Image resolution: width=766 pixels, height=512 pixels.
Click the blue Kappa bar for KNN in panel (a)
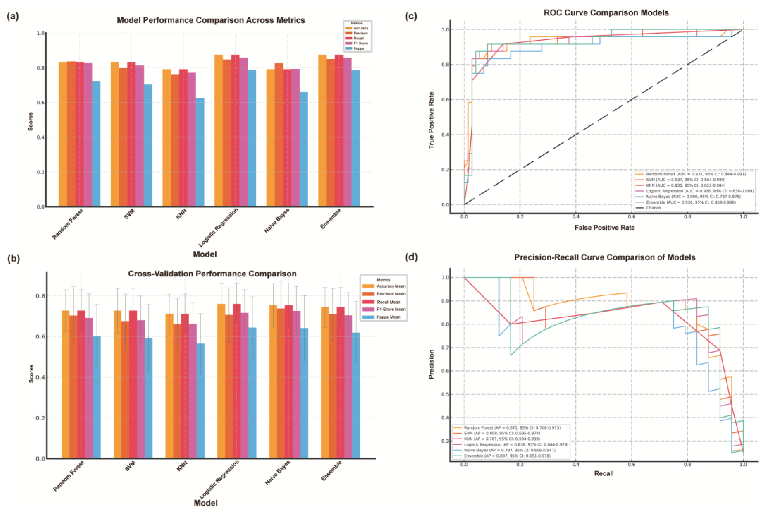point(200,152)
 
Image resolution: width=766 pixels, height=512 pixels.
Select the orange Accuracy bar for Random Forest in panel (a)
point(63,134)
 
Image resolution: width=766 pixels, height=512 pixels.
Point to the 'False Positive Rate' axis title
point(605,228)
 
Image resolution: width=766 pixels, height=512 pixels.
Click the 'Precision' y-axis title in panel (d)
point(431,364)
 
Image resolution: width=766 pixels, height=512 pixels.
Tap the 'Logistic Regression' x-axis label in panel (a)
point(218,228)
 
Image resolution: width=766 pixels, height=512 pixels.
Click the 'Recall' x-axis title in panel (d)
point(604,473)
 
